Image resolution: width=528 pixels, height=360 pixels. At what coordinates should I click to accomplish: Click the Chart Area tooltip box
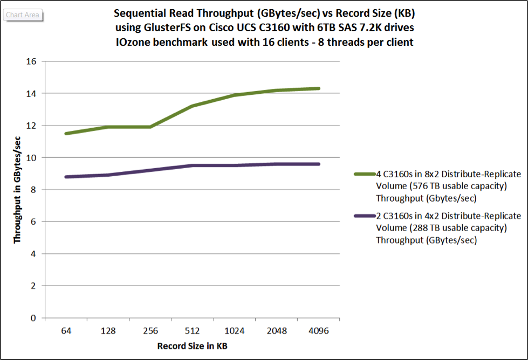coord(23,15)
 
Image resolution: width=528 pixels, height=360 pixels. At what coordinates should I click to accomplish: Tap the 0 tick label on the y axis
coord(34,318)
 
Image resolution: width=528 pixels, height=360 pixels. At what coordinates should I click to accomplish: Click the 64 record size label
coord(66,330)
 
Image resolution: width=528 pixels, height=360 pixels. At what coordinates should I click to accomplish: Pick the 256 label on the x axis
coord(150,330)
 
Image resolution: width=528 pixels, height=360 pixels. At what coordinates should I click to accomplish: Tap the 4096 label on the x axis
coord(319,330)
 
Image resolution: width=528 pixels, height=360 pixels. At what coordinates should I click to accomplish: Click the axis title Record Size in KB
coord(196,345)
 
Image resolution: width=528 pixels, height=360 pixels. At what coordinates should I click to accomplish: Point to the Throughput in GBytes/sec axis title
coord(18,190)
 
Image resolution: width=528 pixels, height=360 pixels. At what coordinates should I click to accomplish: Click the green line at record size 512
coord(193,106)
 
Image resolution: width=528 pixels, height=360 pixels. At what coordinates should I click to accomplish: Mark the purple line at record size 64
coord(66,177)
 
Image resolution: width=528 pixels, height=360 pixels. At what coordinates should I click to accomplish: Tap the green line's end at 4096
coord(319,88)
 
